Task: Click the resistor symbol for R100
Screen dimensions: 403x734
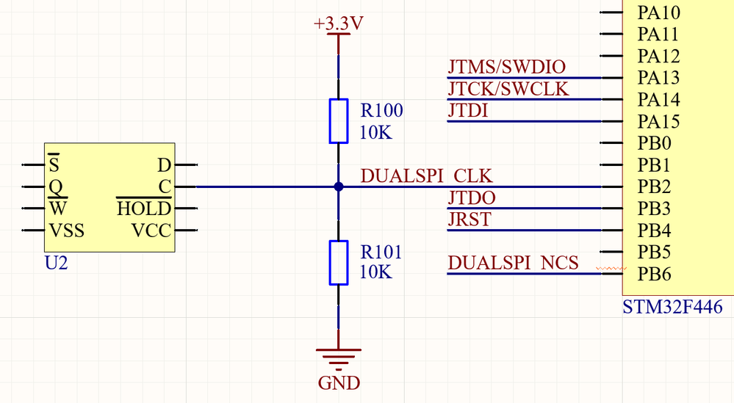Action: pyautogui.click(x=338, y=121)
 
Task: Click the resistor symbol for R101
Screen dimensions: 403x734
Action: pyautogui.click(x=338, y=262)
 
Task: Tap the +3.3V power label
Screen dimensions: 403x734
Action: pyautogui.click(x=338, y=24)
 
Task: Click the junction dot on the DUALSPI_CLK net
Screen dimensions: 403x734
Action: pyautogui.click(x=338, y=186)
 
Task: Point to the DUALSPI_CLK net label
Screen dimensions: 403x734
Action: pyautogui.click(x=426, y=177)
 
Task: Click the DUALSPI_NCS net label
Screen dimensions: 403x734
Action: pyautogui.click(x=513, y=263)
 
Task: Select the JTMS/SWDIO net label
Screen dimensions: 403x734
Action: pyautogui.click(x=507, y=68)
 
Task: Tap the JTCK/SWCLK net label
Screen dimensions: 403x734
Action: pyautogui.click(x=508, y=90)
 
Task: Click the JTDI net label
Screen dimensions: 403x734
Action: pyautogui.click(x=468, y=112)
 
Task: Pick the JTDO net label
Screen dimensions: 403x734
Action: pyautogui.click(x=472, y=198)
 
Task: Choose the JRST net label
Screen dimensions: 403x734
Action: pyautogui.click(x=469, y=219)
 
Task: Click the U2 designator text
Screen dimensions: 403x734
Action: pyautogui.click(x=57, y=263)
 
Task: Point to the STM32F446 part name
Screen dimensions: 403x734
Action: pyautogui.click(x=672, y=307)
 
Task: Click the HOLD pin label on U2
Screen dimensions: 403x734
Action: pyautogui.click(x=144, y=209)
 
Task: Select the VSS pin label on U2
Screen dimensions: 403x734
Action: pyautogui.click(x=66, y=231)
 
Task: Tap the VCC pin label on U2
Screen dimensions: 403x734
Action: pyautogui.click(x=151, y=231)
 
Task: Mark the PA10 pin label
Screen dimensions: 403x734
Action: pyautogui.click(x=658, y=12)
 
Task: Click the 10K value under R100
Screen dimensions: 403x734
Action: pyautogui.click(x=376, y=133)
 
